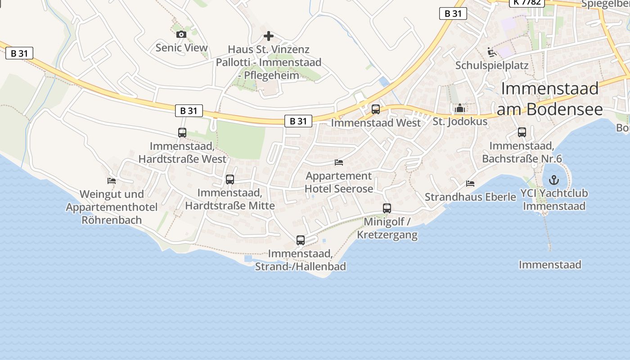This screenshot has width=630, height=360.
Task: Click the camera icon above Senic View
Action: pyautogui.click(x=181, y=35)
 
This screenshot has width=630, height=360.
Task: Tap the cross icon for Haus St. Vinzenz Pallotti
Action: pyautogui.click(x=269, y=36)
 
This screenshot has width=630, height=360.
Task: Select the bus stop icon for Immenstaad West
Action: pyautogui.click(x=376, y=109)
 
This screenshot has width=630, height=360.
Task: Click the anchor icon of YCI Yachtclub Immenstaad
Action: pyautogui.click(x=554, y=180)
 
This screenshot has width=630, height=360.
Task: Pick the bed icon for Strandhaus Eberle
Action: pyautogui.click(x=470, y=184)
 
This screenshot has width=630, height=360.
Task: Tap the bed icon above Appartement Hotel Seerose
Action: pyautogui.click(x=339, y=162)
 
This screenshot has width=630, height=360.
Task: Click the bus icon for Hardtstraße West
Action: pyautogui.click(x=182, y=133)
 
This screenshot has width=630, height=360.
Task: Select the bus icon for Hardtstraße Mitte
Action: pyautogui.click(x=230, y=180)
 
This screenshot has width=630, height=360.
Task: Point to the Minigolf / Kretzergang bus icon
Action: pyautogui.click(x=387, y=208)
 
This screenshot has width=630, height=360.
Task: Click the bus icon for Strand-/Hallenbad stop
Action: pyautogui.click(x=301, y=240)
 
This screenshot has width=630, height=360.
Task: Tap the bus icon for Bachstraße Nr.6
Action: pyautogui.click(x=522, y=132)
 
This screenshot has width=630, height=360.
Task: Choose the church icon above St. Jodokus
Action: pyautogui.click(x=459, y=108)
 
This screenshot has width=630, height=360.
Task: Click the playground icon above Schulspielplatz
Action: pyautogui.click(x=492, y=53)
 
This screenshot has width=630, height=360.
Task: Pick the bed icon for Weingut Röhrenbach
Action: pyautogui.click(x=112, y=181)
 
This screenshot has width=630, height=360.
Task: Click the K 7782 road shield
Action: pyautogui.click(x=527, y=2)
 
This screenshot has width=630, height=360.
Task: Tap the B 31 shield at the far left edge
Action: pyautogui.click(x=19, y=53)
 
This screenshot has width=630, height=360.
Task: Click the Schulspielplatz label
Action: pyautogui.click(x=492, y=66)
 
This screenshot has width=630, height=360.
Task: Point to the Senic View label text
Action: pyautogui.click(x=181, y=48)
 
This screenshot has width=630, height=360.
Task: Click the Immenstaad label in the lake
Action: pyautogui.click(x=550, y=265)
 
